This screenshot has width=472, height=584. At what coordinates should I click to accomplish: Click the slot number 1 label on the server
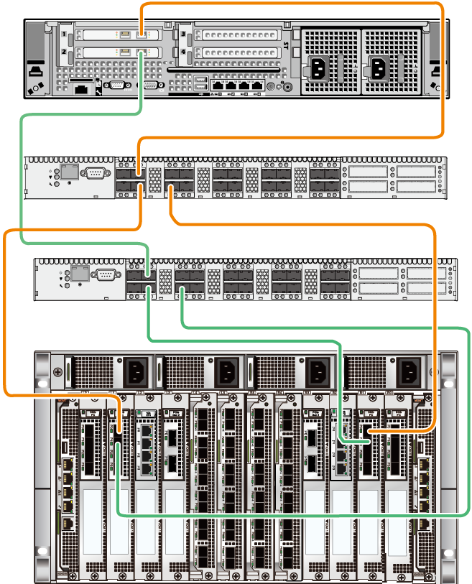point(65,34)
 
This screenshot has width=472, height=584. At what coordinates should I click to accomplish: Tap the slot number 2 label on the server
point(65,52)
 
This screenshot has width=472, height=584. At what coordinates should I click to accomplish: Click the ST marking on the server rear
point(286,45)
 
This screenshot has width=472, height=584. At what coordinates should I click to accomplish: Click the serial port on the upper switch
point(95,172)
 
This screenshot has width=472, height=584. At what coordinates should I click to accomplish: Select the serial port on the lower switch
point(105,274)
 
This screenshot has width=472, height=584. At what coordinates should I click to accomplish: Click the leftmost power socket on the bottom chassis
point(136,372)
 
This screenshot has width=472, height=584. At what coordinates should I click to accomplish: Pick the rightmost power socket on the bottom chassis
point(409,372)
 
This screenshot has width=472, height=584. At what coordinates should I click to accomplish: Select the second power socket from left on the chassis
point(228,372)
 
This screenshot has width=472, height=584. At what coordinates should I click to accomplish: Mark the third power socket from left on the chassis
point(318,372)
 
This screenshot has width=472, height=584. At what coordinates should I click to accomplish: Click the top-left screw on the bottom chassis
point(57,372)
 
